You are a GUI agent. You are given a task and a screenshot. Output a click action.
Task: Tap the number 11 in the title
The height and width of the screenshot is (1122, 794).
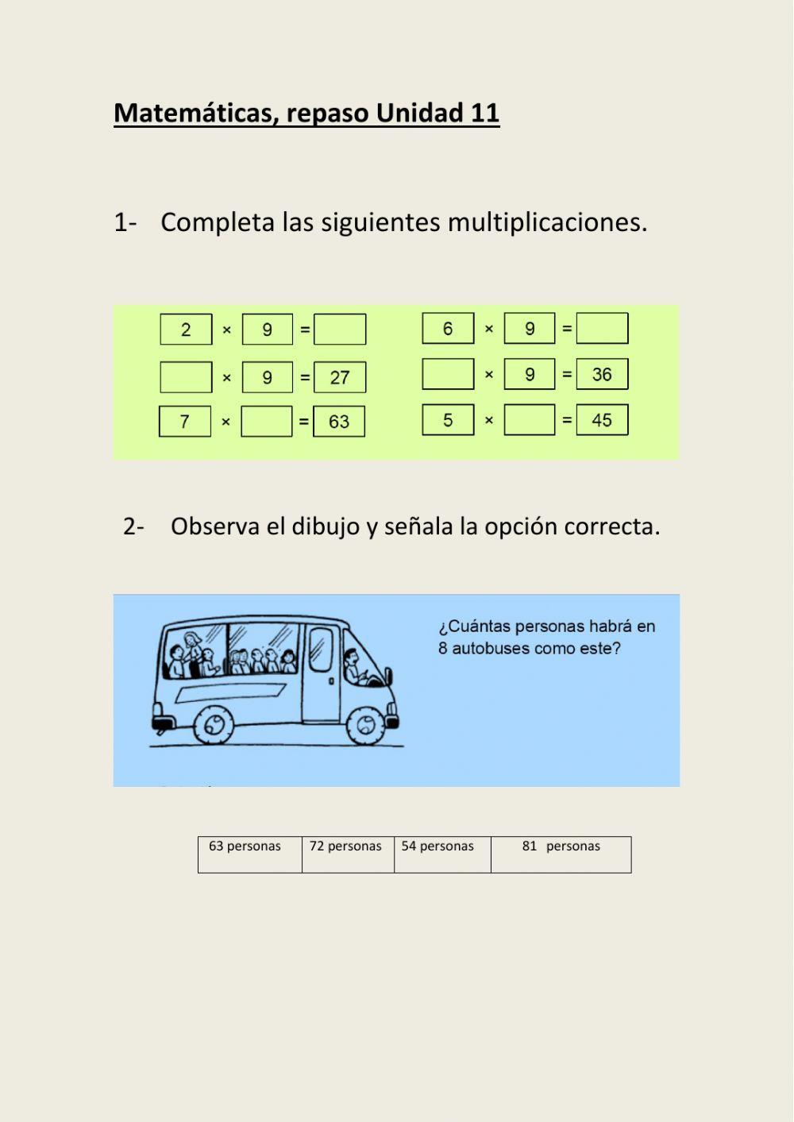click(x=484, y=113)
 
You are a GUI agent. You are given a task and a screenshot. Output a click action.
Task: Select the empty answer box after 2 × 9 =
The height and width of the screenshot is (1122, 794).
click(x=340, y=330)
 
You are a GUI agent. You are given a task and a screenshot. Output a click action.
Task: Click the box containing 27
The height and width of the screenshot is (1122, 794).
click(x=340, y=377)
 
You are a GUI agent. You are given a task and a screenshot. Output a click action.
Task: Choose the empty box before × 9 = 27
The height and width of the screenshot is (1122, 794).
click(x=186, y=377)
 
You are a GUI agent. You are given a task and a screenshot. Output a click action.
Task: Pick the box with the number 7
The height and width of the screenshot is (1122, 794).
click(x=185, y=422)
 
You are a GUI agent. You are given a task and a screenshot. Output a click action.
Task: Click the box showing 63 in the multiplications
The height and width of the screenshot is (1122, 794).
click(x=339, y=422)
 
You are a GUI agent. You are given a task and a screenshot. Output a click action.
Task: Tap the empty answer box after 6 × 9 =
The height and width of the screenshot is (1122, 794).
click(x=602, y=328)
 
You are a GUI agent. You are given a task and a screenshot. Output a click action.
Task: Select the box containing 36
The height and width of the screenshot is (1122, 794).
click(x=602, y=374)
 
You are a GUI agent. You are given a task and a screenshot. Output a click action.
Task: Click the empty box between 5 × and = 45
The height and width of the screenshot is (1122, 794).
click(x=530, y=420)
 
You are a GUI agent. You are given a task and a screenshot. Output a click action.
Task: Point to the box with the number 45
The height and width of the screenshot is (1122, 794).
click(x=602, y=420)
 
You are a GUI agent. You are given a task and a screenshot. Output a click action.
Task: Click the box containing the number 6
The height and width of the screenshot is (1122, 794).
click(x=448, y=328)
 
